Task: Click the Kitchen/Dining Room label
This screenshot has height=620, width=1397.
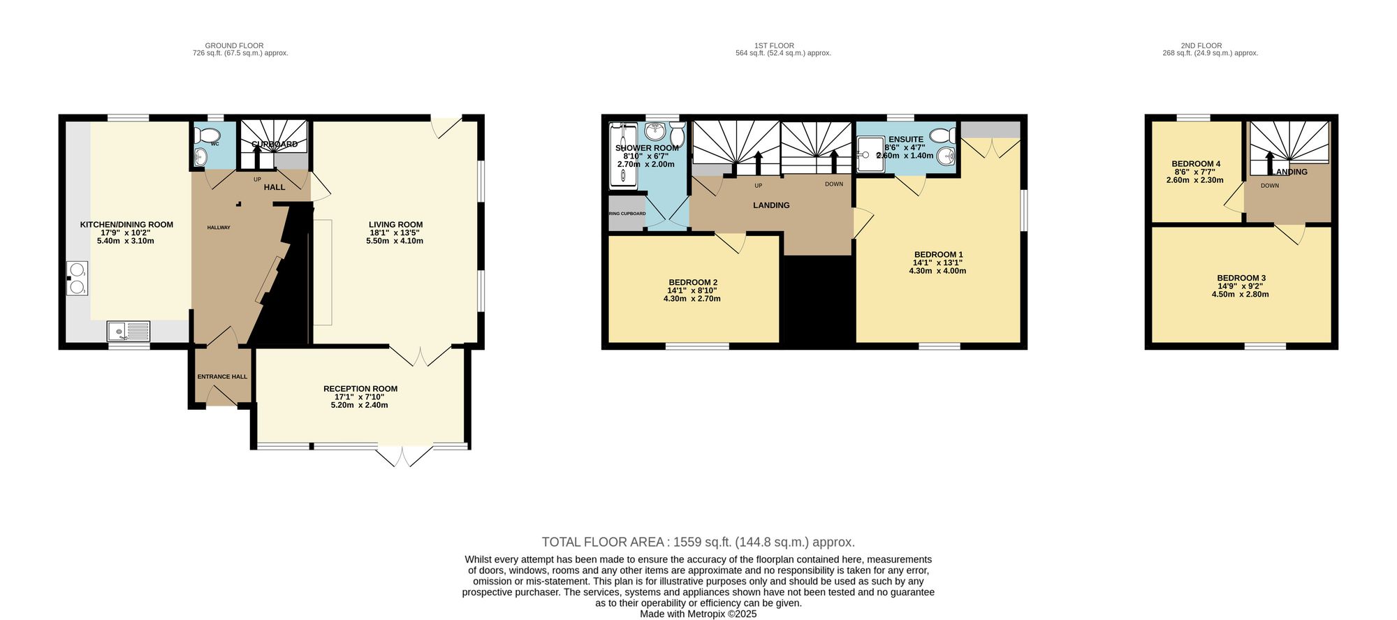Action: (x=126, y=225)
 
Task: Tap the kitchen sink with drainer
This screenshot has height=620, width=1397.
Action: (x=129, y=330)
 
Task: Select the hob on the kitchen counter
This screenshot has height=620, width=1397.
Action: (x=77, y=278)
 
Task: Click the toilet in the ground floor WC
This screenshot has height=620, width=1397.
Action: (x=210, y=134)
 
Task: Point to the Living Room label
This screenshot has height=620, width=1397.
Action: (x=395, y=225)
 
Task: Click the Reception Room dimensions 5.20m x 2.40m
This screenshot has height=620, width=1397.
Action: (x=359, y=405)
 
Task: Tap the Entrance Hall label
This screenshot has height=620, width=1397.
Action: (x=222, y=377)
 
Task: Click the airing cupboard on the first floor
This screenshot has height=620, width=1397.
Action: (x=627, y=214)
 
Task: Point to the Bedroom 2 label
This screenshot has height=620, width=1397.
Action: (x=692, y=283)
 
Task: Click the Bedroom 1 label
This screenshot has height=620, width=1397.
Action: (x=938, y=255)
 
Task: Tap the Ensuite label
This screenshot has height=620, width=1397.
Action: (x=905, y=140)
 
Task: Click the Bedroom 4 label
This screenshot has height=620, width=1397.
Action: (x=1196, y=164)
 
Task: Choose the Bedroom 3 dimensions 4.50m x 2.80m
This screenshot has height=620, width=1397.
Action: (x=1240, y=295)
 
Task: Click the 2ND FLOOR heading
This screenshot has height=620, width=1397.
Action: (x=1201, y=45)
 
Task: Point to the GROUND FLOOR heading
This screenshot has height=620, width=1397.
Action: (x=234, y=45)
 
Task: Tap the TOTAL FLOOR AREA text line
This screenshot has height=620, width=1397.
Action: (x=698, y=542)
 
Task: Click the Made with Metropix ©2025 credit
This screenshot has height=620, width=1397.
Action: (x=698, y=614)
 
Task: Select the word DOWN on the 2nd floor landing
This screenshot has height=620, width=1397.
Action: (x=1269, y=186)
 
